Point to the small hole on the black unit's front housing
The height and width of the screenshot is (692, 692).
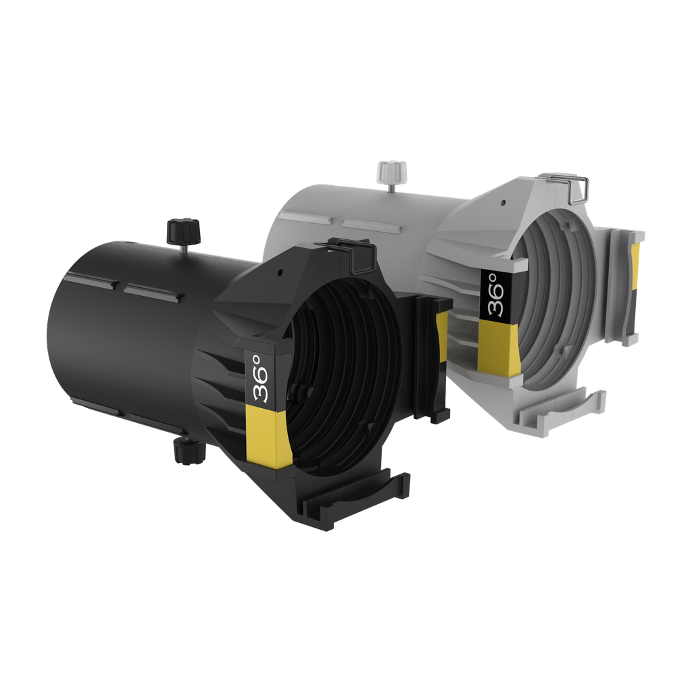point(279,274)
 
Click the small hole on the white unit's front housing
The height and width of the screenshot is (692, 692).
point(505,201)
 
